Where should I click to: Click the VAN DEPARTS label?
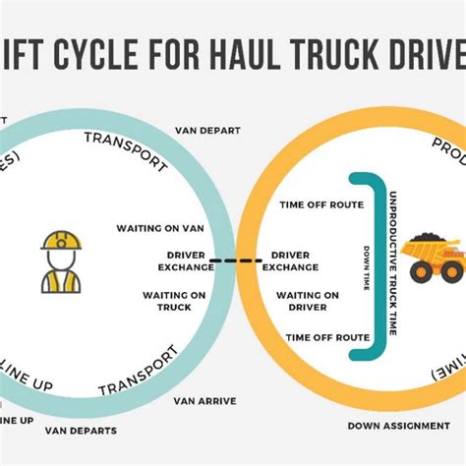pyautogui.click(x=85, y=430)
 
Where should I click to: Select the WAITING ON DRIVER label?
pyautogui.click(x=307, y=300)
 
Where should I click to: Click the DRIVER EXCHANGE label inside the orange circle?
pyautogui.click(x=290, y=261)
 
